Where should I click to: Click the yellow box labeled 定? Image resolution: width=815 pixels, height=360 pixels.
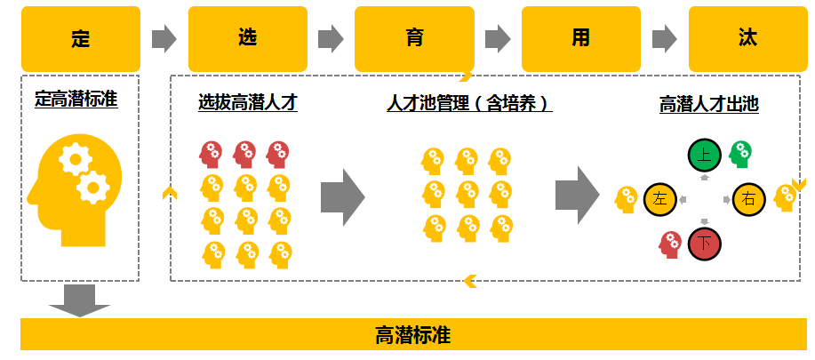pyautogui.click(x=81, y=39)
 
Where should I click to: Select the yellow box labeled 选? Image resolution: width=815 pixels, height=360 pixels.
pyautogui.click(x=247, y=39)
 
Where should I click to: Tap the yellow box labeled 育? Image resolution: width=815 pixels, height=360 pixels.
pyautogui.click(x=413, y=39)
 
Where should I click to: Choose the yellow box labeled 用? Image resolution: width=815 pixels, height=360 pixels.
pyautogui.click(x=580, y=39)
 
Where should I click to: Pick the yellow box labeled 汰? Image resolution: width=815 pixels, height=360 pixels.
pyautogui.click(x=747, y=39)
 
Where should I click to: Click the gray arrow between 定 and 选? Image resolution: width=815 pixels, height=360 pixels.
pyautogui.click(x=164, y=38)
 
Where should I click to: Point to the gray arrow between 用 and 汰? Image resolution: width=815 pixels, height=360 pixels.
pyautogui.click(x=664, y=38)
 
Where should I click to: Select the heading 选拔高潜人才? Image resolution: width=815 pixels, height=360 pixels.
pyautogui.click(x=247, y=103)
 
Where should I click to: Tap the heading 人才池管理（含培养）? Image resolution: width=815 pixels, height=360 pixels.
pyautogui.click(x=469, y=103)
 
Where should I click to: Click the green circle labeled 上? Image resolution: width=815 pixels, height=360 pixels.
pyautogui.click(x=704, y=156)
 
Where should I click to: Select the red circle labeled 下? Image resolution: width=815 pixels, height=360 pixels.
pyautogui.click(x=704, y=242)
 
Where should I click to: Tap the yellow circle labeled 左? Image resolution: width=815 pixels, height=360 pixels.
pyautogui.click(x=659, y=199)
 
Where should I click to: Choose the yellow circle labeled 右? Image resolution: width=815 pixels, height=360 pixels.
pyautogui.click(x=748, y=199)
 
